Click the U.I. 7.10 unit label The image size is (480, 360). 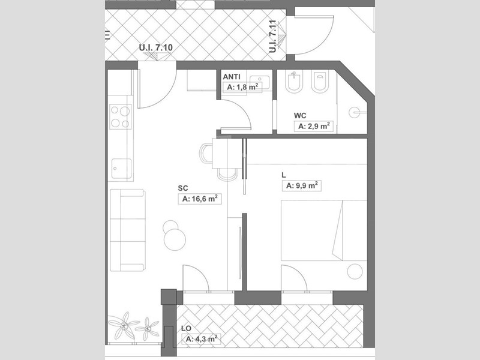click(155, 47)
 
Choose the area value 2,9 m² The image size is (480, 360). click(314, 126)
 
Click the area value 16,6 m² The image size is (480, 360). click(200, 199)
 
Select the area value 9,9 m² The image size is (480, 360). click(300, 185)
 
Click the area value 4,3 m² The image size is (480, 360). click(200, 339)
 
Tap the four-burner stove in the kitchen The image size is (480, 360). click(121, 116)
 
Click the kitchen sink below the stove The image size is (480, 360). click(121, 169)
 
